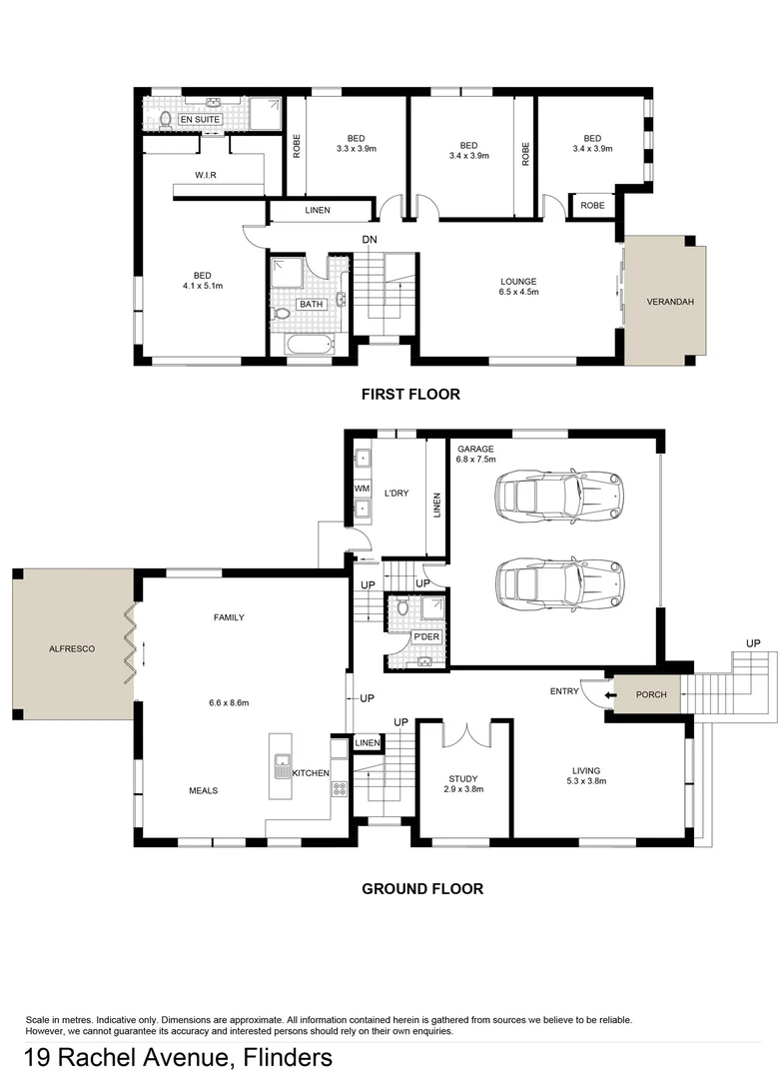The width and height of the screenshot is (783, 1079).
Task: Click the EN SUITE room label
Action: [200, 120]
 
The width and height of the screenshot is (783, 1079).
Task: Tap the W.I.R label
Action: [207, 176]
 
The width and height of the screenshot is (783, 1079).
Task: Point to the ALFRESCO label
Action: [72, 648]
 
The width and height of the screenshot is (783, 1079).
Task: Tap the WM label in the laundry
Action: [362, 489]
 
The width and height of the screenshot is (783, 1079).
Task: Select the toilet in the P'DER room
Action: [402, 607]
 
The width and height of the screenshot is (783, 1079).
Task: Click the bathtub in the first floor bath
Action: [309, 345]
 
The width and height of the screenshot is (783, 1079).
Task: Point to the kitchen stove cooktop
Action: [339, 788]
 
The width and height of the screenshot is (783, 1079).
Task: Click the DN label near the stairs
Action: [370, 240]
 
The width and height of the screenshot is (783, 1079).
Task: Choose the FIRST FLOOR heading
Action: [411, 394]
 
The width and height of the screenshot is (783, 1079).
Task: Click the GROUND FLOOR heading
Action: [422, 888]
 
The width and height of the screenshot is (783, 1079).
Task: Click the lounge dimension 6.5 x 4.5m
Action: [518, 293]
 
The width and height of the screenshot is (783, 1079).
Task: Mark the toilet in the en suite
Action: [166, 120]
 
